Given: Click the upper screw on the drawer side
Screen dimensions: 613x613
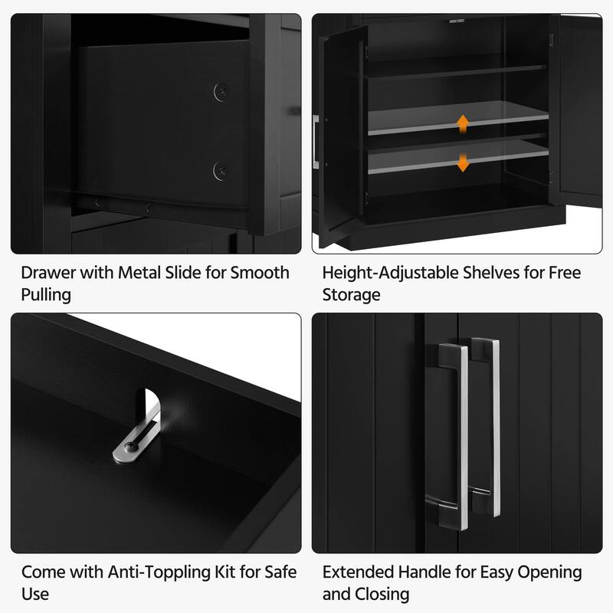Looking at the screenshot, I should (x=221, y=90).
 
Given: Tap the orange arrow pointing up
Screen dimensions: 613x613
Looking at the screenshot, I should (x=462, y=123).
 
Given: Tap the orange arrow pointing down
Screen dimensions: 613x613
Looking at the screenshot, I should (x=462, y=162).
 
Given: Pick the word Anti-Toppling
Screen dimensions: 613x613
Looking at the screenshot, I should (x=145, y=572).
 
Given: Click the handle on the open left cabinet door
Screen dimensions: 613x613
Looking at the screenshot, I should (x=316, y=141).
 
